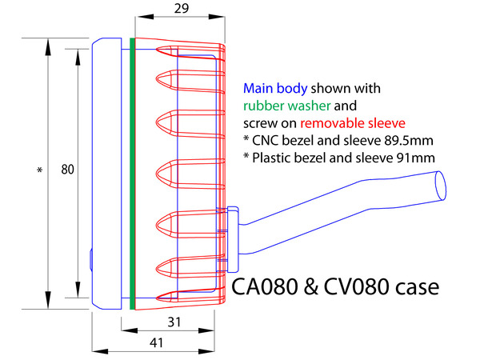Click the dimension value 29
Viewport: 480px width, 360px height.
point(182,8)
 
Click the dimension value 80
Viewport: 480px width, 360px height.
point(67,170)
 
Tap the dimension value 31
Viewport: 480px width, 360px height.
point(174,322)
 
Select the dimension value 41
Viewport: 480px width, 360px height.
point(156,342)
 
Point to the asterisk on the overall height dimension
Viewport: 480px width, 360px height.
point(39,170)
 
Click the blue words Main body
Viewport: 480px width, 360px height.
point(275,89)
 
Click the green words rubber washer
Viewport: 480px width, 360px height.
point(287,106)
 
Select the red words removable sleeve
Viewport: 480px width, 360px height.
point(353,123)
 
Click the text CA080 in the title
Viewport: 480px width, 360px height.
point(265,287)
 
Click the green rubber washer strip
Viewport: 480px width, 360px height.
point(132,174)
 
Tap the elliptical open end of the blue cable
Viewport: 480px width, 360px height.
point(441,186)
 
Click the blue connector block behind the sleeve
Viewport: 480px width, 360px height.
point(233,239)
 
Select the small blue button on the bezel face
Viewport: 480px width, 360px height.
point(91,260)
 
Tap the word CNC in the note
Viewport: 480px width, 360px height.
point(266,141)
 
